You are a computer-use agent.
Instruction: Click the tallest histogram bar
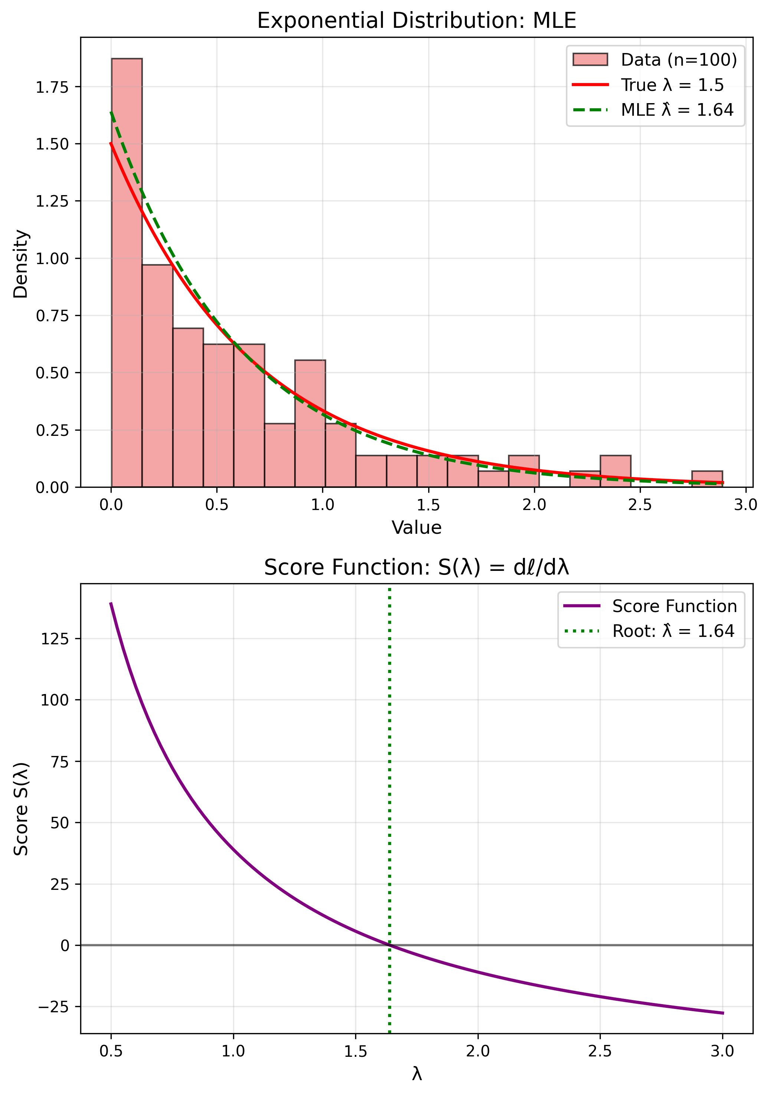127,272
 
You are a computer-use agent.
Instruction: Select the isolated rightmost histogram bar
707,479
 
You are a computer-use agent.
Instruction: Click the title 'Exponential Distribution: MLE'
416,21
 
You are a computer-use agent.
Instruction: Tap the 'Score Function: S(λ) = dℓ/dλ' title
416,568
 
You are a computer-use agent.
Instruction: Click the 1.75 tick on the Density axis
52,87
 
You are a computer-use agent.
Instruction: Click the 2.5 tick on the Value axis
639,504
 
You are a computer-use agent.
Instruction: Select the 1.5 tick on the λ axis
355,1051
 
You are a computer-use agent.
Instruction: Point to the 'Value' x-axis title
416,528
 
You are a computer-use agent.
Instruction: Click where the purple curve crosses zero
389,945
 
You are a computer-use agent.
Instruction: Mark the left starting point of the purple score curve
111,603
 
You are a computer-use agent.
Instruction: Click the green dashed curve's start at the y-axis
111,112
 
